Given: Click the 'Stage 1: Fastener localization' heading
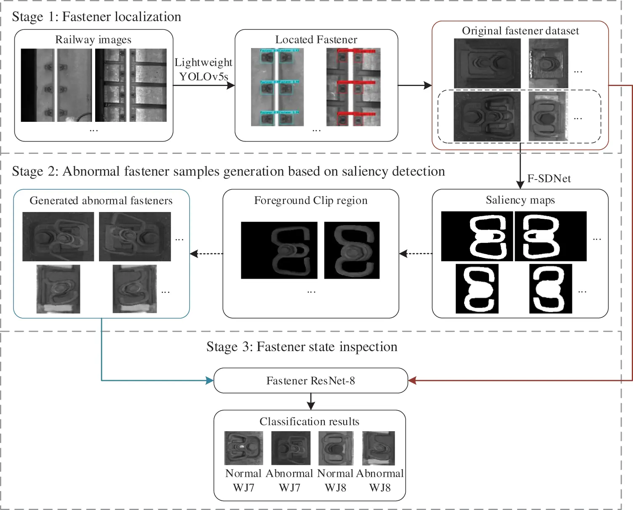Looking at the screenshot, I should pyautogui.click(x=96, y=17).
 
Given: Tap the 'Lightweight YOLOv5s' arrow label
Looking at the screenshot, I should pyautogui.click(x=203, y=70).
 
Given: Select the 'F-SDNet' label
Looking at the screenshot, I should pyautogui.click(x=549, y=179).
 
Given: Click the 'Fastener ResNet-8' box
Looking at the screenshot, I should pyautogui.click(x=311, y=381).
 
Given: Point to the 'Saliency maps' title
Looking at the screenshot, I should pyautogui.click(x=520, y=200).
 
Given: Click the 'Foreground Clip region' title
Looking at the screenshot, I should pyautogui.click(x=311, y=201).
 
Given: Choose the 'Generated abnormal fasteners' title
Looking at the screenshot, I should pyautogui.click(x=101, y=201).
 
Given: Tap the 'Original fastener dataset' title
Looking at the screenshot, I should pyautogui.click(x=520, y=31).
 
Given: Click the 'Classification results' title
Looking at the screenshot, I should pyautogui.click(x=310, y=422).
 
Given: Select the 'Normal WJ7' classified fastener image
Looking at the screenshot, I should pyautogui.click(x=243, y=448).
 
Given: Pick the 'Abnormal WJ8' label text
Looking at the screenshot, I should pyautogui.click(x=380, y=480).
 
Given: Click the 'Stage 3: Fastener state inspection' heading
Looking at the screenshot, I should pyautogui.click(x=302, y=347).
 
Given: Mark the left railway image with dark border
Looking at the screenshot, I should pyautogui.click(x=56, y=85).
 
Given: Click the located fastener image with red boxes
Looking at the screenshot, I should pyautogui.click(x=353, y=87).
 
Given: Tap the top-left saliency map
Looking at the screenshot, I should pyautogui.click(x=477, y=236).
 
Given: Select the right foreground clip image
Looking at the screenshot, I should pyautogui.click(x=352, y=250).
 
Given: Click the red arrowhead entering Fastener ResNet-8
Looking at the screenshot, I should pyautogui.click(x=412, y=381).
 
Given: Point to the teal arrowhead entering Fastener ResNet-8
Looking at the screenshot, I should pyautogui.click(x=210, y=381).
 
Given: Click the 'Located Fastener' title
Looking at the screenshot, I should pyautogui.click(x=316, y=40).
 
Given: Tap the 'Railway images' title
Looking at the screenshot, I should pyautogui.click(x=93, y=40).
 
